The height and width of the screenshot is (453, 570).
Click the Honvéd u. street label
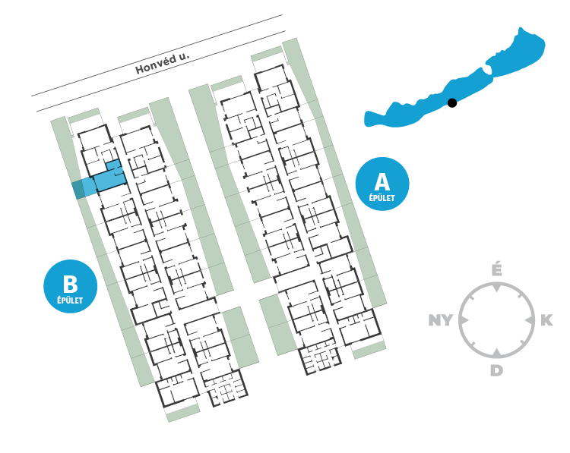click(163, 64)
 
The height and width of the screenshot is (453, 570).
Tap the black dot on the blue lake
click(452, 102)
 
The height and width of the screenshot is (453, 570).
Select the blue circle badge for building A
click(382, 184)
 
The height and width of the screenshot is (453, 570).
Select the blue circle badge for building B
click(70, 286)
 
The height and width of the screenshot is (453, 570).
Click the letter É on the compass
click(496, 270)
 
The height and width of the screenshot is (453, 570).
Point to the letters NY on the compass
click(441, 320)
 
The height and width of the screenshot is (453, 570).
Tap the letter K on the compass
click(546, 320)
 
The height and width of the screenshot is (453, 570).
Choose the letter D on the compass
click(496, 370)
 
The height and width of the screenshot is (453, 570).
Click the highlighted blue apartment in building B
click(109, 178)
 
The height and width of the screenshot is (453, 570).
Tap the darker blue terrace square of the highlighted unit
click(78, 190)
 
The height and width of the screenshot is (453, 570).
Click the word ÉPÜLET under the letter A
click(382, 198)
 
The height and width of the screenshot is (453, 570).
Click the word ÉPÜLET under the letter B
click(70, 300)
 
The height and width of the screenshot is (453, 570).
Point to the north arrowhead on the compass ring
click(496, 288)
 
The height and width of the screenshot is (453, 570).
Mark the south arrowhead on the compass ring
click(496, 352)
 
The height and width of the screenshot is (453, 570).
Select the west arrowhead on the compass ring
click(464, 320)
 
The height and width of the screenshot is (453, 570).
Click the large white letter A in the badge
click(382, 181)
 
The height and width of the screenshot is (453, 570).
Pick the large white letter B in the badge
click(70, 284)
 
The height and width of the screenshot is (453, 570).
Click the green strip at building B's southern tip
click(183, 413)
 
